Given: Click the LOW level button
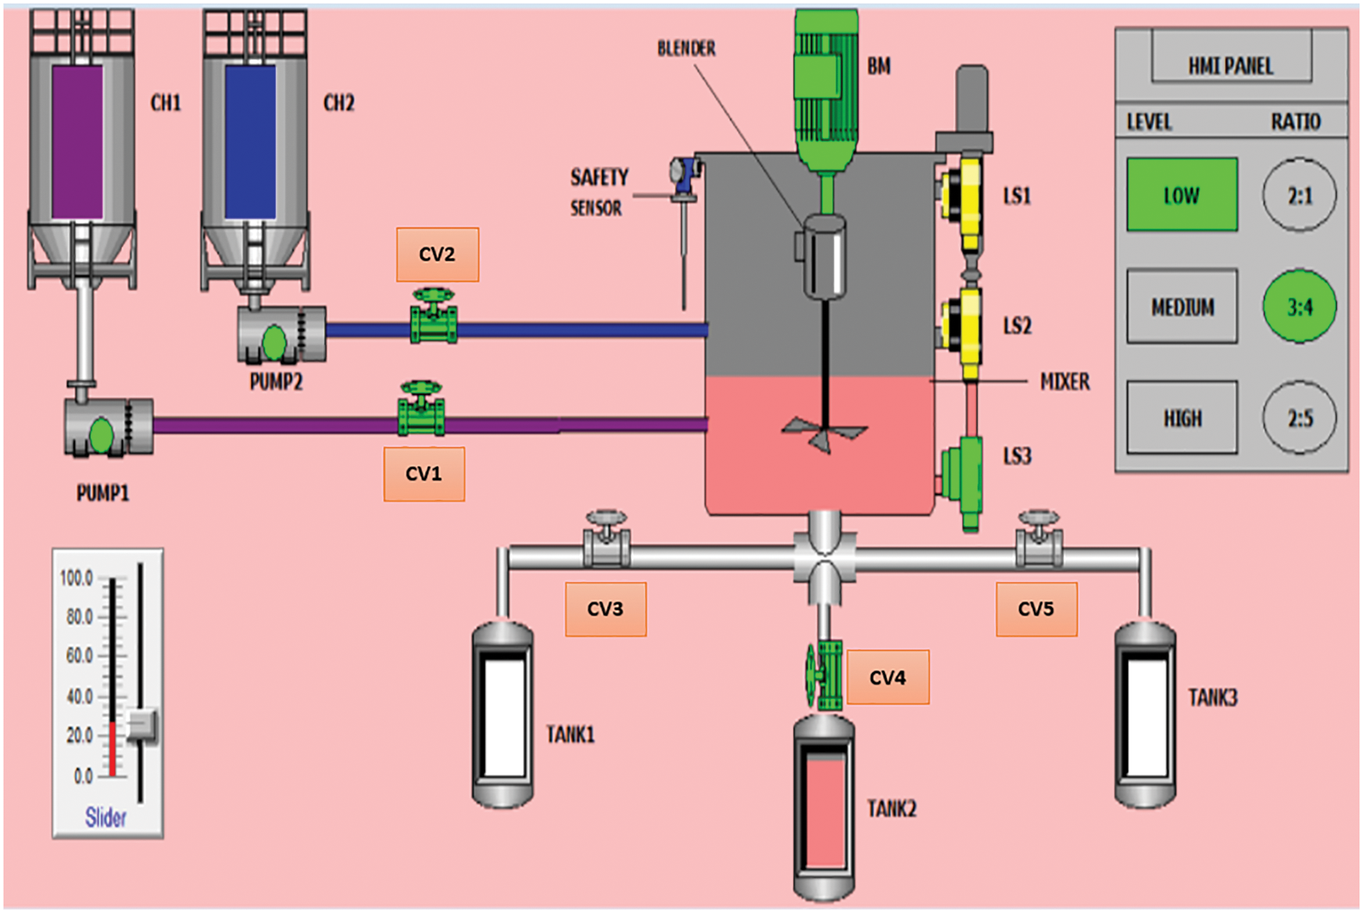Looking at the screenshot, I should coord(1182,195).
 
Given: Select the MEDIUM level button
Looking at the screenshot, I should coord(1182,306).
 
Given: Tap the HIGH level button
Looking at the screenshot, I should coord(1182,418).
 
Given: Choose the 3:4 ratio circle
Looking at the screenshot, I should coord(1299,306).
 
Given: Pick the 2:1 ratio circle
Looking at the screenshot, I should coord(1299,195).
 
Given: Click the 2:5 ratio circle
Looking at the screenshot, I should coord(1299,418).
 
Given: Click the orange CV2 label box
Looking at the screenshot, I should coord(437,254).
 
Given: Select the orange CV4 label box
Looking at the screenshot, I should coord(887,677).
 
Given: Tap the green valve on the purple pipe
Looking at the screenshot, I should coord(421,410).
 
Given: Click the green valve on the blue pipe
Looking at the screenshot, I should coord(434,317).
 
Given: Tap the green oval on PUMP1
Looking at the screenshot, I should coord(101,435).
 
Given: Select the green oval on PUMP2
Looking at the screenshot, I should coord(274,342).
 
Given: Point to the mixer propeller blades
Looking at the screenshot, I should coord(824,432).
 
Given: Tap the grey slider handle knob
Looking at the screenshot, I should coord(142,726).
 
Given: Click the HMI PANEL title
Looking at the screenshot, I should coord(1230,66).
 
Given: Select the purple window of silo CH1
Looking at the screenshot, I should coord(77,141).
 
